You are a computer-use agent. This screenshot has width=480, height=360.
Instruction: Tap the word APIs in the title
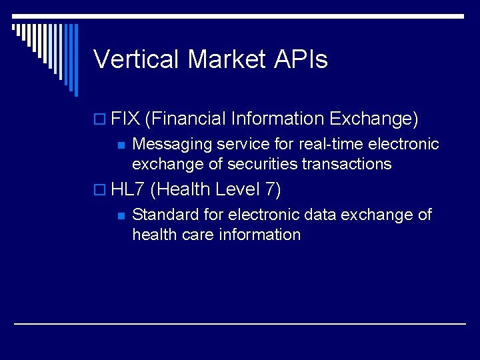tap(301, 59)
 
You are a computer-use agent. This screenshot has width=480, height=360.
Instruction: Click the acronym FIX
tap(125, 119)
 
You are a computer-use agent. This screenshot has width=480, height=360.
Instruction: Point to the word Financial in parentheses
tap(187, 119)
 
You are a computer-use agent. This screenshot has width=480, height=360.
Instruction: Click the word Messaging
tap(171, 144)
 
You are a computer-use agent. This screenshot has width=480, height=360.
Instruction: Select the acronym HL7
tap(128, 189)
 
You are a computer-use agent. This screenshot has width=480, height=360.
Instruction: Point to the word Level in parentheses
tap(238, 189)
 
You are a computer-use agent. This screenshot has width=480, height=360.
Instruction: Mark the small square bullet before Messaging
tap(121, 145)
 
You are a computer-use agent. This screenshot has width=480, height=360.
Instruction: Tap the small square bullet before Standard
tap(121, 215)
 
